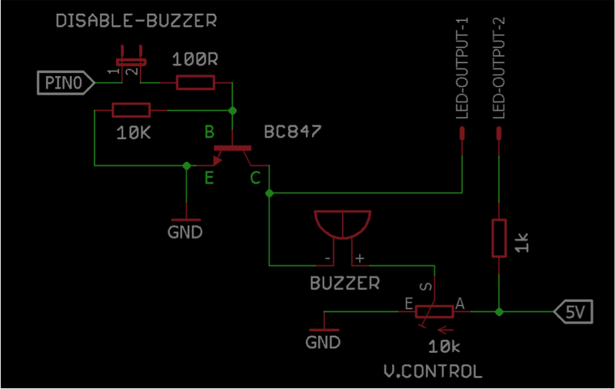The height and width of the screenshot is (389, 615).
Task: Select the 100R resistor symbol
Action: (x=195, y=82)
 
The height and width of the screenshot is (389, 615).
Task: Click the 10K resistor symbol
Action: (x=131, y=111)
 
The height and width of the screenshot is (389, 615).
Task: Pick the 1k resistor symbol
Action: (x=500, y=238)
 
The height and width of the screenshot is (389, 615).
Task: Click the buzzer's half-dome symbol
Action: (x=343, y=224)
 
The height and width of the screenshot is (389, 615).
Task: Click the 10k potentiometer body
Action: (x=434, y=311)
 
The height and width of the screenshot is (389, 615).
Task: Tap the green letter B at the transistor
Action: (x=209, y=132)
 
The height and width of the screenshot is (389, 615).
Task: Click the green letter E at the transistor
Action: (x=208, y=179)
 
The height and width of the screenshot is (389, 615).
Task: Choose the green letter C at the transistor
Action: (x=255, y=179)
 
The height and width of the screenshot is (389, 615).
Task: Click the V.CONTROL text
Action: (x=433, y=371)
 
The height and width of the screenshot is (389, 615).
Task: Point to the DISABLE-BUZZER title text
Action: (x=136, y=21)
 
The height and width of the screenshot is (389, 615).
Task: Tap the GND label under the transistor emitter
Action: (x=185, y=231)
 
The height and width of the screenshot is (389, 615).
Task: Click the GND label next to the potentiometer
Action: (x=323, y=342)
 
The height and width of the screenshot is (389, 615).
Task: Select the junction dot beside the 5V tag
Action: (x=500, y=312)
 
